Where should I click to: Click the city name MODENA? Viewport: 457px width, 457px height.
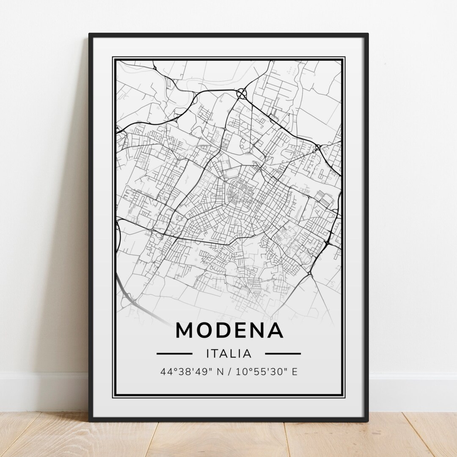[x=229, y=330]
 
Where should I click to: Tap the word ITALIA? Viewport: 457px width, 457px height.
[x=229, y=353]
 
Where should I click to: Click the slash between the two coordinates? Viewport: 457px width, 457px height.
[x=229, y=372]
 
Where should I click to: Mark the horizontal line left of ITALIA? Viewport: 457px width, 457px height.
[x=174, y=353]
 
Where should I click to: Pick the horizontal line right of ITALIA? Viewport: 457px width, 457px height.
[x=283, y=353]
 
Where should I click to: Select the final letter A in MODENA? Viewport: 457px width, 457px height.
[x=275, y=330]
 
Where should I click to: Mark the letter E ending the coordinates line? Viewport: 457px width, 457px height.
[x=295, y=372]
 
